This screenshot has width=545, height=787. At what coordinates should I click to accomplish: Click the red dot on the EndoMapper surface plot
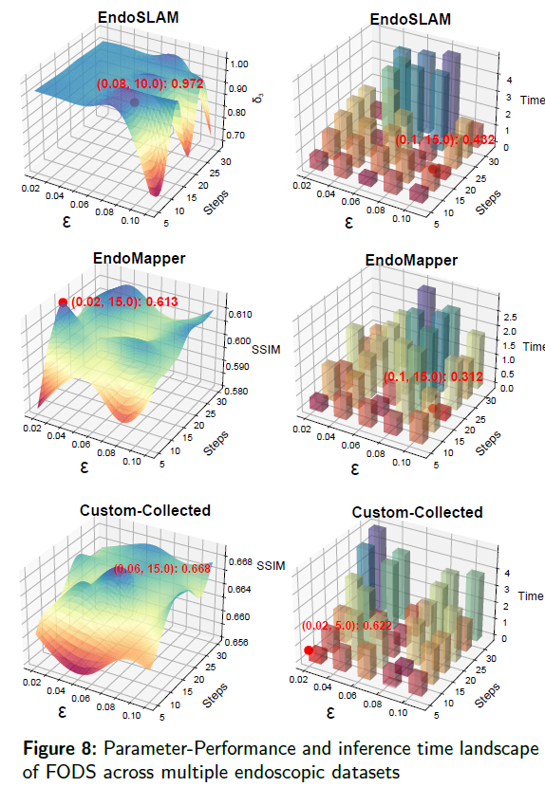pos(63,302)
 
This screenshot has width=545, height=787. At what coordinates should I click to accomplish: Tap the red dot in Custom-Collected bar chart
pos(309,650)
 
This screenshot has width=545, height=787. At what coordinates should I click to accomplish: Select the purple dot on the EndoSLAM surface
pos(135,101)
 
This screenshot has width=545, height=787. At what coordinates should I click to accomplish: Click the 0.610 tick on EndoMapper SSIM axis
pos(238,314)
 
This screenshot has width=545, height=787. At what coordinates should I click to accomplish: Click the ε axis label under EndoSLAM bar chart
pos(349,223)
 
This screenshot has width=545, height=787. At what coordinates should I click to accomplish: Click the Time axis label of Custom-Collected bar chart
pos(531,596)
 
